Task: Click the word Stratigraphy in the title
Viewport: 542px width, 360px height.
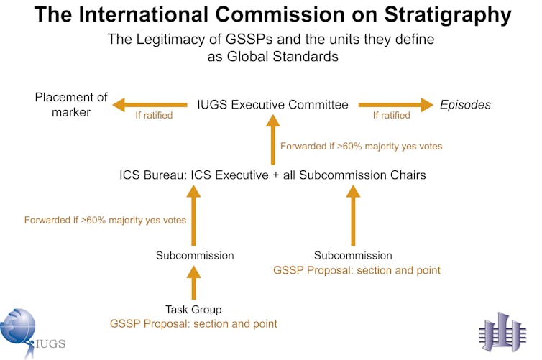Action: coord(448,16)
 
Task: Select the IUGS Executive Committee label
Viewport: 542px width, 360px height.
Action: coord(272,104)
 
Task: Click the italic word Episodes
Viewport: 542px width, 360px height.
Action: coord(465,105)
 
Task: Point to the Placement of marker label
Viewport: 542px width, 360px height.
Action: coord(71,105)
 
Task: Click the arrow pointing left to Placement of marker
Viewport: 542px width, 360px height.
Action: coord(150,105)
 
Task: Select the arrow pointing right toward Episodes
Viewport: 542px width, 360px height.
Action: coord(396,105)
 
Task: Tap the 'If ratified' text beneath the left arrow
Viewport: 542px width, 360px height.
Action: coord(154,116)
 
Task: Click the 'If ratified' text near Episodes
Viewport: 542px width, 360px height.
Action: coord(391,116)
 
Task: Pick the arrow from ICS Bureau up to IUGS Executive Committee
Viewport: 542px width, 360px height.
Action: coord(272,139)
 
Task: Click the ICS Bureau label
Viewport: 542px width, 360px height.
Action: coord(272,175)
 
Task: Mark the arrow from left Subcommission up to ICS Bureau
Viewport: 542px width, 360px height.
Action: coord(193,216)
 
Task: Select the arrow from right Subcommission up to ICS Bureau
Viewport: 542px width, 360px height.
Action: coord(353,216)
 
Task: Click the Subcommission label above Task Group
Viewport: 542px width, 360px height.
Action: coord(195,256)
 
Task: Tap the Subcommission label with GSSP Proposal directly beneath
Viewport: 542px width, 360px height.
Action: coord(353,256)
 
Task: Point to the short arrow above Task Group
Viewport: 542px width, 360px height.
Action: coord(193,282)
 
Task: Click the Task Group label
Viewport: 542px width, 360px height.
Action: coord(193,310)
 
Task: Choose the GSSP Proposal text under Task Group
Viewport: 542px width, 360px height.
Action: coord(193,324)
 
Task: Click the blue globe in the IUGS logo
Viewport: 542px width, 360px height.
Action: coord(17,326)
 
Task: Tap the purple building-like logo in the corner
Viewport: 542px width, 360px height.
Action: coord(502,333)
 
